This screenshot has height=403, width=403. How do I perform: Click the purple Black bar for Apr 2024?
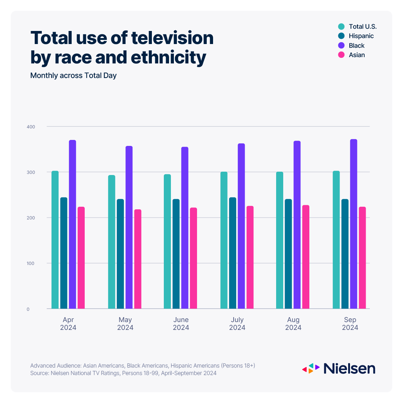click(x=72, y=224)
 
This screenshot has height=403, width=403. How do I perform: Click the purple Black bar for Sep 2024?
click(x=353, y=224)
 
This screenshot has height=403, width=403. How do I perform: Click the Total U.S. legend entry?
click(x=358, y=26)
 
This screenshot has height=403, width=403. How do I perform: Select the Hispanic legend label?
click(x=361, y=36)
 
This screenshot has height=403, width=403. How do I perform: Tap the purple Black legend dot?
click(x=341, y=46)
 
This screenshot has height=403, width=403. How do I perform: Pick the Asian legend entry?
click(x=357, y=55)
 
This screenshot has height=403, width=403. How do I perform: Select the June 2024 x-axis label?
click(x=181, y=324)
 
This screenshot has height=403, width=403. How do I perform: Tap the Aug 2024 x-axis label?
click(x=293, y=324)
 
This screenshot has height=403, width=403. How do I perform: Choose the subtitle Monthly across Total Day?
click(x=74, y=75)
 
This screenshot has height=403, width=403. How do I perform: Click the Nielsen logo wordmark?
click(x=349, y=368)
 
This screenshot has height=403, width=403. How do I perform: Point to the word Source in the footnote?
click(x=39, y=373)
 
